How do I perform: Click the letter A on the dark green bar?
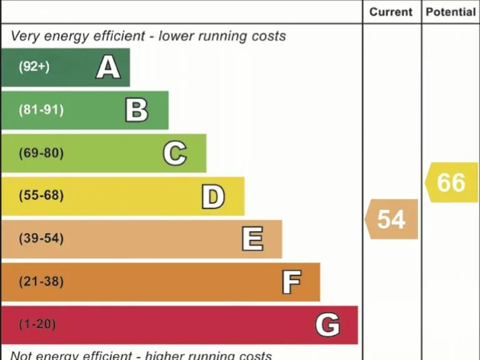coord(107,67)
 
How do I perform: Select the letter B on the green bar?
coord(136,110)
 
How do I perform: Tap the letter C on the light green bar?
coord(174,153)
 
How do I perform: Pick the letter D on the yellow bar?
coord(212,196)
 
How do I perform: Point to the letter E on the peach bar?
coord(252,239)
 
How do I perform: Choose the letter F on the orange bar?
coord(291,282)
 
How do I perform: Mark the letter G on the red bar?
coord(327,325)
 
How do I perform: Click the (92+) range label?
coord(34,66)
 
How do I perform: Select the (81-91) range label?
coord(41,110)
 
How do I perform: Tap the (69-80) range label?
coord(41,153)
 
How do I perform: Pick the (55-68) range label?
coord(41,196)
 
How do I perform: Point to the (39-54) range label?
coord(41,239)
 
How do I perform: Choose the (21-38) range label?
coord(41,282)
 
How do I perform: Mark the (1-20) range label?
coord(37,325)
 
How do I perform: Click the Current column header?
coord(391,12)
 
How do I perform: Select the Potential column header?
coord(451,12)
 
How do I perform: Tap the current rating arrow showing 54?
coord(392,219)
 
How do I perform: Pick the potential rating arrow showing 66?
coord(451,182)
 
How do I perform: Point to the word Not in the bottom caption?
coord(22,355)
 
